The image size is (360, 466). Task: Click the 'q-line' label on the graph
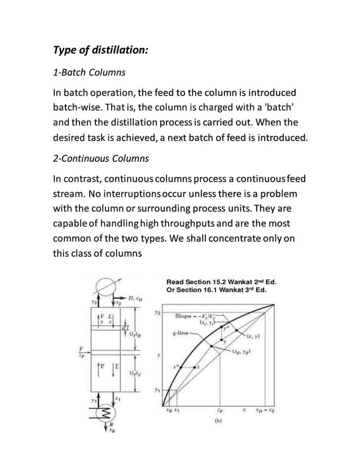[x=180, y=332]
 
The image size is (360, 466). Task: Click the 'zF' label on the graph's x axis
[x=219, y=410]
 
